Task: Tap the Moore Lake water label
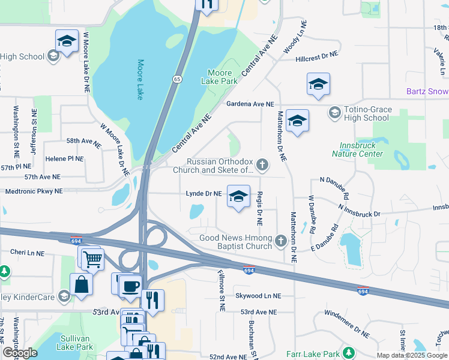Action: pyautogui.click(x=141, y=79)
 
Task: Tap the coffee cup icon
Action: pyautogui.click(x=130, y=285)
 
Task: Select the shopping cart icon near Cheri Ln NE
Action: pyautogui.click(x=92, y=260)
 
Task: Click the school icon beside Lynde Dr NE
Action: pyautogui.click(x=238, y=196)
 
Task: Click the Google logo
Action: pyautogui.click(x=20, y=353)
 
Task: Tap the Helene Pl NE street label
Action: pyautogui.click(x=64, y=159)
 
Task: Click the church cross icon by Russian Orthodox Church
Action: pyautogui.click(x=262, y=164)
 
